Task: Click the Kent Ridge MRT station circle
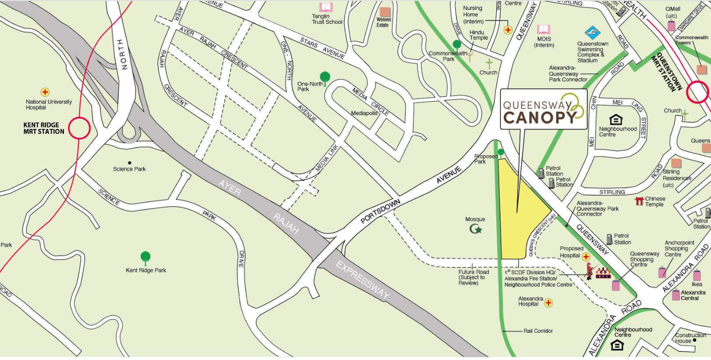click(x=79, y=128)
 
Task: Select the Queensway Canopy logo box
click(x=543, y=109)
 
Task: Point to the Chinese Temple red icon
click(x=639, y=201)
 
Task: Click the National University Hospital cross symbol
click(x=45, y=92)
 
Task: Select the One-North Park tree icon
click(x=325, y=77)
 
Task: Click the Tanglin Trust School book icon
click(x=326, y=7)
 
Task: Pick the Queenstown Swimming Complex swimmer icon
click(x=592, y=33)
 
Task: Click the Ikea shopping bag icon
click(x=697, y=275)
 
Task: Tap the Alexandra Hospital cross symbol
click(x=548, y=302)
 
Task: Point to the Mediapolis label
click(x=364, y=113)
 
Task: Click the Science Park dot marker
click(x=129, y=162)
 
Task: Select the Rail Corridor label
click(x=538, y=331)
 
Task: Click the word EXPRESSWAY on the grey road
click(x=362, y=280)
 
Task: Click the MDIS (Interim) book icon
click(x=543, y=30)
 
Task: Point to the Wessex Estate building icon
click(x=385, y=12)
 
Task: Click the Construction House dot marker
click(x=695, y=341)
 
